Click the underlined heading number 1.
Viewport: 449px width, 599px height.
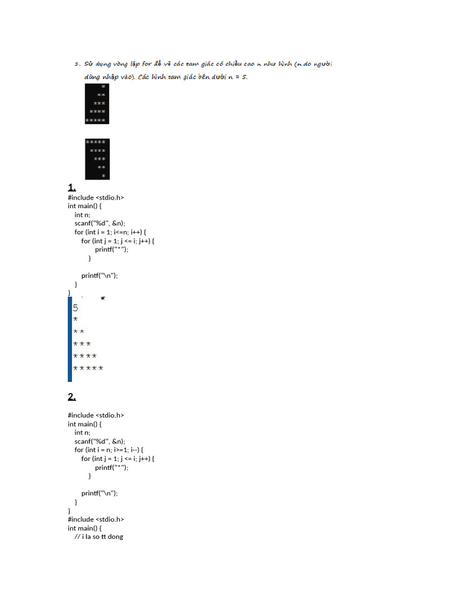coord(72,188)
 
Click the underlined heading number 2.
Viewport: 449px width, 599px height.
coord(72,397)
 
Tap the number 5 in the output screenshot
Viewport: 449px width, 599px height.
coord(75,308)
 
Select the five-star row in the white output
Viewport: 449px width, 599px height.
coord(88,369)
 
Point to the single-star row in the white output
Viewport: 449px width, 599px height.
coord(75,319)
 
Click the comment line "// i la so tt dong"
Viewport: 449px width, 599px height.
coord(99,536)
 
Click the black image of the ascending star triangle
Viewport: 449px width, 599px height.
coord(97,103)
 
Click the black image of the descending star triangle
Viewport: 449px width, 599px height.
coord(97,159)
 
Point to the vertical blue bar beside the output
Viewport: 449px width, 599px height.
coord(70,339)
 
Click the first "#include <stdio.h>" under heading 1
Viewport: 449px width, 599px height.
coord(96,198)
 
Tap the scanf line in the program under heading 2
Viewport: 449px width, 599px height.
coord(100,441)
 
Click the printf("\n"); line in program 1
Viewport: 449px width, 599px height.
coord(103,276)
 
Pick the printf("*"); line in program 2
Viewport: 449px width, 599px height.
coord(112,467)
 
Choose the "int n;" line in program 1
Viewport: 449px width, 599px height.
coord(82,215)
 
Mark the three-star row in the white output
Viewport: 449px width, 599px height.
coord(82,344)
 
